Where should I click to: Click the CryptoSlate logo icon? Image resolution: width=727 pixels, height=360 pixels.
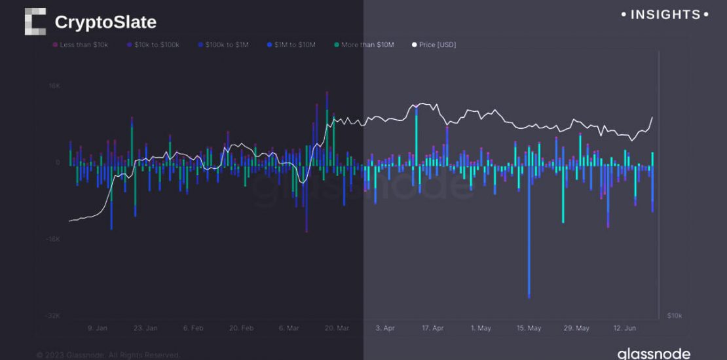coord(35,22)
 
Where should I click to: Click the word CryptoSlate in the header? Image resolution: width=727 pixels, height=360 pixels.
coord(105,22)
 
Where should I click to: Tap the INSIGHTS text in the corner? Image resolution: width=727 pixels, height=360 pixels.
coord(665,14)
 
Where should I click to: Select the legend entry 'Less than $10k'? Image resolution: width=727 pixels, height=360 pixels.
coord(82,45)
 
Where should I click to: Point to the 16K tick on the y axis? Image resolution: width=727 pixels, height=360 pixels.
coord(53,86)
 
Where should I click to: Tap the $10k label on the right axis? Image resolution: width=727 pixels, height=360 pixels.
coord(674,315)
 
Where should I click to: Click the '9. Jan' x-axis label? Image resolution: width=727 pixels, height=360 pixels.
coord(97,328)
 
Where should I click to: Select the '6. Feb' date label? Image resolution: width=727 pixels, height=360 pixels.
coord(193,328)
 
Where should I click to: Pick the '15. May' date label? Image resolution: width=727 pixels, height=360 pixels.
coord(529,328)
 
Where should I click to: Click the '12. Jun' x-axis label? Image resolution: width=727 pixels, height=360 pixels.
coord(625,328)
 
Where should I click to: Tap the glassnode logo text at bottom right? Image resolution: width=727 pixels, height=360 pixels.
coord(653,353)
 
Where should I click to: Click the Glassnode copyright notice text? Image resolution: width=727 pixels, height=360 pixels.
coord(108,355)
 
